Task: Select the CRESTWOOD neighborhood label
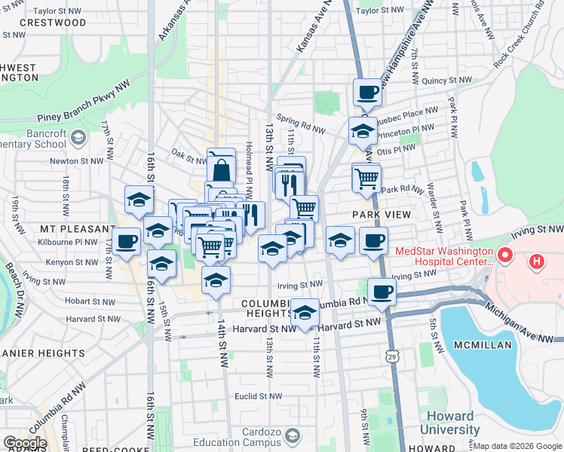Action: coord(53,23)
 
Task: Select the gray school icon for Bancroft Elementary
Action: coord(78,136)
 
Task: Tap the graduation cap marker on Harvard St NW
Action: coord(305,313)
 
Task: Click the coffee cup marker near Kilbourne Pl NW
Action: coord(127,241)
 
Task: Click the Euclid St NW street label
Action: coord(278,395)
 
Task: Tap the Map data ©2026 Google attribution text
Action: coord(517,446)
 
